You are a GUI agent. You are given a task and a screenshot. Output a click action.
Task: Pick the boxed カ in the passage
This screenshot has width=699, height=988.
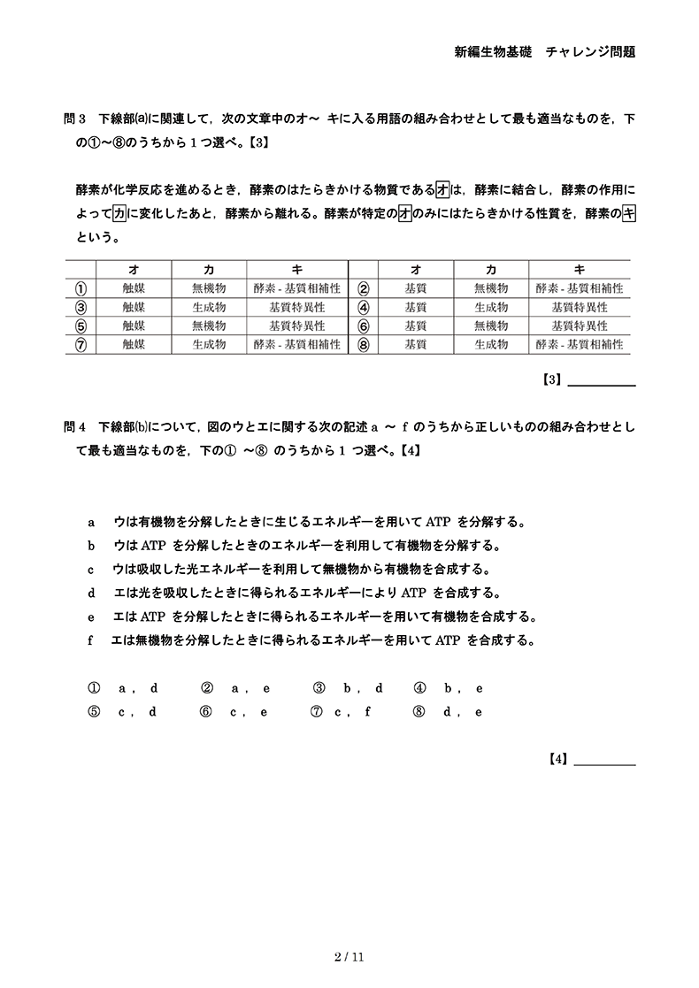point(119,213)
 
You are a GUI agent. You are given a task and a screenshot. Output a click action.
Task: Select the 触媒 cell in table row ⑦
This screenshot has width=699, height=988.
point(134,345)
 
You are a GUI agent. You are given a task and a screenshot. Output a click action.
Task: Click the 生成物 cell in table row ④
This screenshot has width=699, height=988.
point(491,308)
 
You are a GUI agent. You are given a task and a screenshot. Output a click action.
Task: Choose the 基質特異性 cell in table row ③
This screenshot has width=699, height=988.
point(296,308)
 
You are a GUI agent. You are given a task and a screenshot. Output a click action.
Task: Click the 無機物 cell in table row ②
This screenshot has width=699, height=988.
point(491,288)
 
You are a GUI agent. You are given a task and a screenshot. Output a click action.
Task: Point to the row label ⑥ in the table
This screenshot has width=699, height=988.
point(363,326)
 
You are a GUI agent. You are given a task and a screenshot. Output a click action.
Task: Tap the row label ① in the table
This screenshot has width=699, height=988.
point(81,288)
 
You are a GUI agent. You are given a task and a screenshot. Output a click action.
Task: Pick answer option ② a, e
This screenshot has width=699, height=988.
point(235,687)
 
